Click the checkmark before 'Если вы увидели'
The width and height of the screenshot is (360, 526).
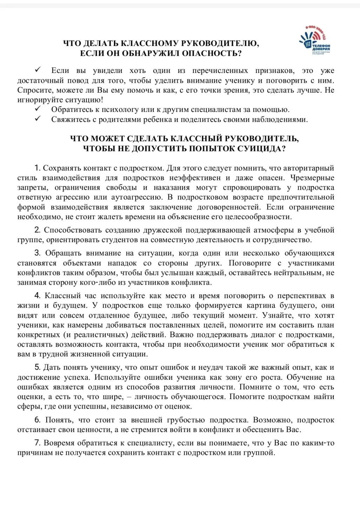[38, 69]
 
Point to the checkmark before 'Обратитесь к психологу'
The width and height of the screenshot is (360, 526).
[38, 109]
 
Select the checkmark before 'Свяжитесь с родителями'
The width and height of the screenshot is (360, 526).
[38, 119]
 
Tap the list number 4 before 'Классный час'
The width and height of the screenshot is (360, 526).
[37, 296]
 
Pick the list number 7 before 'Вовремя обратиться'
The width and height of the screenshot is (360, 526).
[37, 443]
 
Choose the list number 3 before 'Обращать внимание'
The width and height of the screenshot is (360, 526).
[37, 253]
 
